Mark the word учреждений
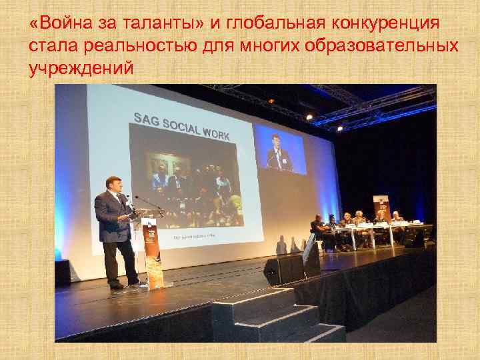pos(81,69)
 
